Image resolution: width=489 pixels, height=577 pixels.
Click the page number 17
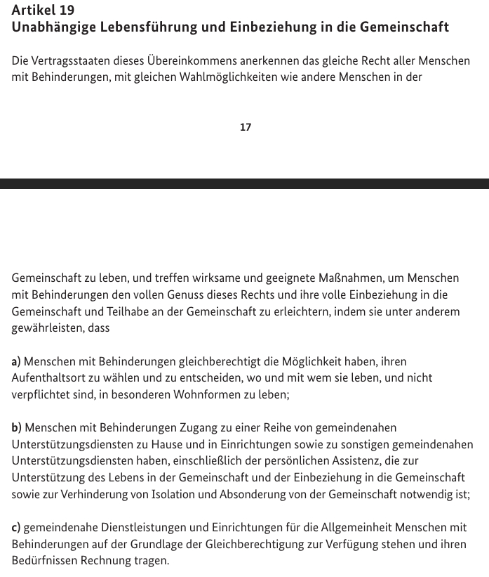[x=246, y=127]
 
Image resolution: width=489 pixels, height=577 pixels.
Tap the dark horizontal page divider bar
[x=244, y=183]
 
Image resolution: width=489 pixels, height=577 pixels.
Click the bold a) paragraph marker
[x=16, y=361]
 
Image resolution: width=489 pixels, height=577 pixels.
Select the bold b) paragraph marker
[x=17, y=427]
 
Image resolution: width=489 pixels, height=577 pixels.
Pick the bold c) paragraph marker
[x=16, y=527]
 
